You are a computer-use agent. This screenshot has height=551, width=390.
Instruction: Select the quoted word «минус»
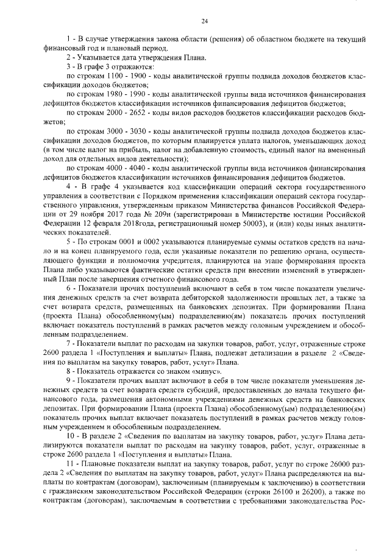[x=191, y=371]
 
